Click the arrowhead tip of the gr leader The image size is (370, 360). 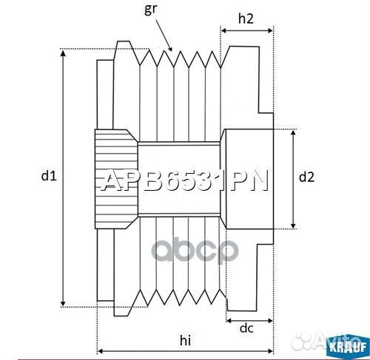point(172,50)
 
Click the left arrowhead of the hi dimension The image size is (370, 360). point(99,350)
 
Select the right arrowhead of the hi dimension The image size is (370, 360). point(272,350)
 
